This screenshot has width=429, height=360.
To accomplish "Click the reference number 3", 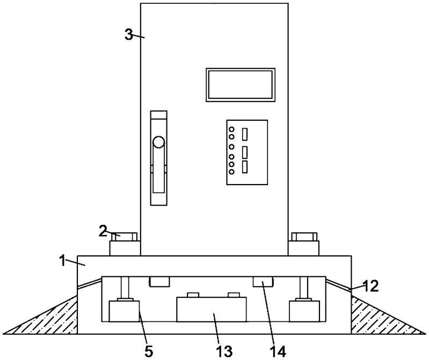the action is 128,35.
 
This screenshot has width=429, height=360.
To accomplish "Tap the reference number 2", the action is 103,231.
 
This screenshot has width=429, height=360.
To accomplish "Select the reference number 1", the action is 63,261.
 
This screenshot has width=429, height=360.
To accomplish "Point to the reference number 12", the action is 371,286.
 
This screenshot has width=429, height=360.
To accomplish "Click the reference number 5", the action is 149,351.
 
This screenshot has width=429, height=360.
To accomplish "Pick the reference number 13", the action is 224,351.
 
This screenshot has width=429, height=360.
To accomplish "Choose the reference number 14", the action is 278,351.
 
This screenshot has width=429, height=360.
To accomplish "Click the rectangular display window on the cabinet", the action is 240,85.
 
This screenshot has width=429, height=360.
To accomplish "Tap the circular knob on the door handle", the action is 159,142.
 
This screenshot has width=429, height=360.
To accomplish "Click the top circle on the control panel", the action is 231,129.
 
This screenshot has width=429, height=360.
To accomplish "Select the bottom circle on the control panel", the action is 231,172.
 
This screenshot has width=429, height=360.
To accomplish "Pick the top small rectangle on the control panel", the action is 245,134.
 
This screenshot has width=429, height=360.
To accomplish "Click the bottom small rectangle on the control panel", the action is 245,167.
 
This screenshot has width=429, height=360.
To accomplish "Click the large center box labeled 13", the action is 212,310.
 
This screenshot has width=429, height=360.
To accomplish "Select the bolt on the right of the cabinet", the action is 304,237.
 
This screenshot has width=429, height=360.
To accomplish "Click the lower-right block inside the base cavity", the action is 304,311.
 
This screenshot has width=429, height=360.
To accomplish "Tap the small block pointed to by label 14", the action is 263,282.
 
